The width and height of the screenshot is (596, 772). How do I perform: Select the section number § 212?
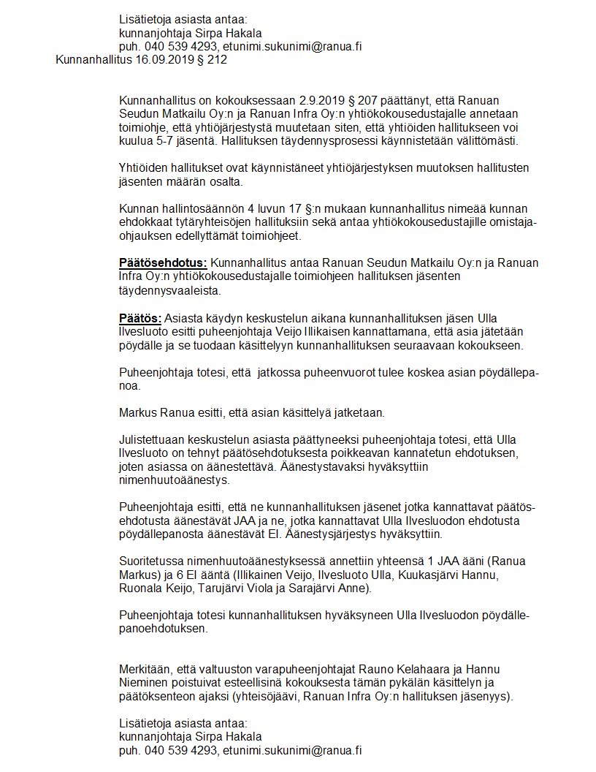point(211,60)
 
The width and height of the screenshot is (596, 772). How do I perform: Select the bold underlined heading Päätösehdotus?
point(163,263)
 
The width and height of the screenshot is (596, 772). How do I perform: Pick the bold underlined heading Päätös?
point(140,319)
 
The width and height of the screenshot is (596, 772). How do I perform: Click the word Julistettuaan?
point(153,441)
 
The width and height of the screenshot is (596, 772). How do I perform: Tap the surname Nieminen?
point(143,683)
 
